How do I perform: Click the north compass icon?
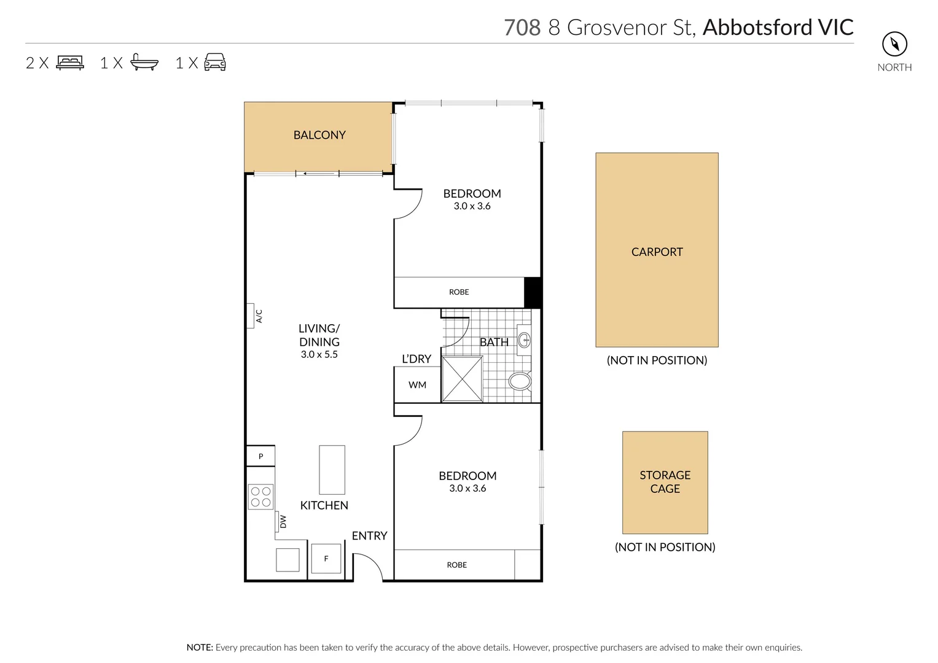[894, 44]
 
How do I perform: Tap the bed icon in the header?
[70, 63]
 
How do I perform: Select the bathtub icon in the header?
[144, 63]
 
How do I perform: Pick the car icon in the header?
[214, 63]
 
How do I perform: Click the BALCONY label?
[319, 135]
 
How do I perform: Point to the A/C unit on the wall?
[251, 316]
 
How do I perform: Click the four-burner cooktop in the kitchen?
[260, 497]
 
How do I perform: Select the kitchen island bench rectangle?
[332, 470]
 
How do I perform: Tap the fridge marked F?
[326, 559]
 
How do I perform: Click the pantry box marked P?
[260, 456]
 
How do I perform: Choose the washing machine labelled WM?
[417, 385]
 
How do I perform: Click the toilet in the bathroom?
[520, 381]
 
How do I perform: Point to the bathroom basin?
[524, 339]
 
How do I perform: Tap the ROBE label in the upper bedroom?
[459, 292]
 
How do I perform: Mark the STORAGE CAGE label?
[665, 482]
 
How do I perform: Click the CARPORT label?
[657, 252]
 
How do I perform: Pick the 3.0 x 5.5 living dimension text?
[319, 354]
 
